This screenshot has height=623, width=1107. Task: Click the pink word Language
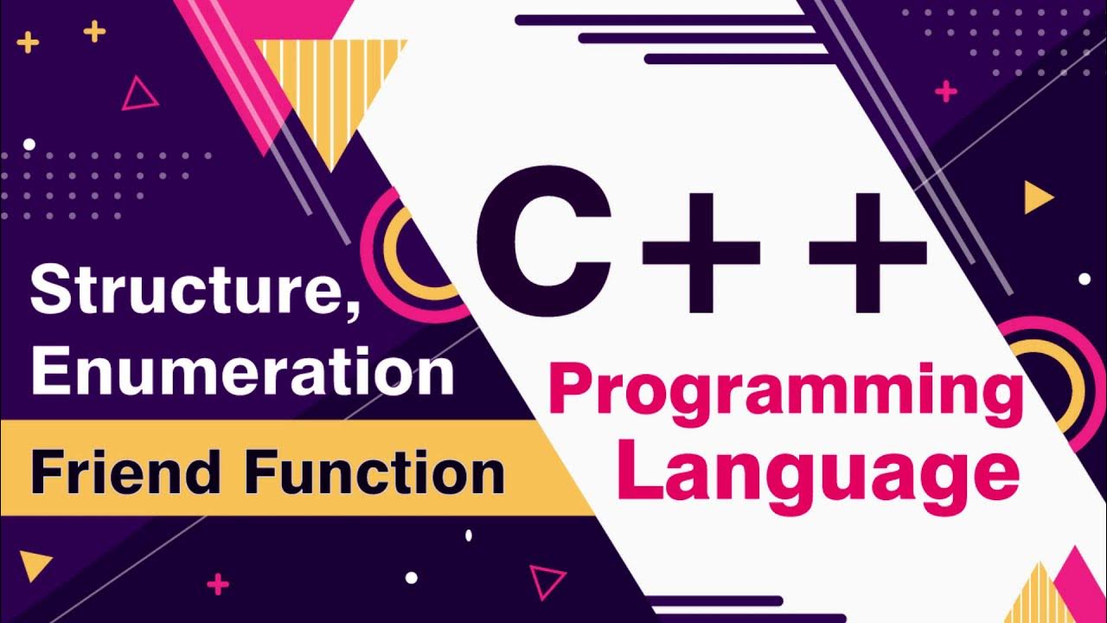click(818, 472)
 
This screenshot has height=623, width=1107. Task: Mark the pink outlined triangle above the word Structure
click(138, 95)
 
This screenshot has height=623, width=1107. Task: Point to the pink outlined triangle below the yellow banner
click(547, 581)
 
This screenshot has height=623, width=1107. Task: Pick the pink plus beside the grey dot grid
click(946, 91)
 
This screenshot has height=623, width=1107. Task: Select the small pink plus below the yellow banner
click(218, 585)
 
